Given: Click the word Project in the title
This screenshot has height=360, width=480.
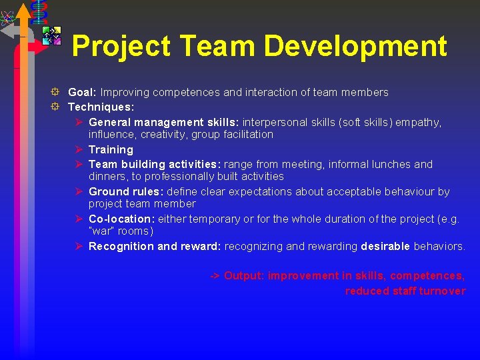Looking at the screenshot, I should coord(121,46).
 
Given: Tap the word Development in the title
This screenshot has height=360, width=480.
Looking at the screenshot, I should coord(355,46).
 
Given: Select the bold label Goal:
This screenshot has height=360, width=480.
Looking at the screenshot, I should coord(83,92).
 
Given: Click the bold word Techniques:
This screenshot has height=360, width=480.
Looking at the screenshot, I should coord(101,107).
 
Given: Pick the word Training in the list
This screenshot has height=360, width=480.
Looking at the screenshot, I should coord(111,149).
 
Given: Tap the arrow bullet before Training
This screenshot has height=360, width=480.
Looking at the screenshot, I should coord(79,149).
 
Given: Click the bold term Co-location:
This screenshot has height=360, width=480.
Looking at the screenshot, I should coord(122,219).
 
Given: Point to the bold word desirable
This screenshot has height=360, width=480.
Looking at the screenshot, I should coord(385,246).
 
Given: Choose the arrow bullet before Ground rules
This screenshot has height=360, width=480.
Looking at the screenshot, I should coord(79,191).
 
